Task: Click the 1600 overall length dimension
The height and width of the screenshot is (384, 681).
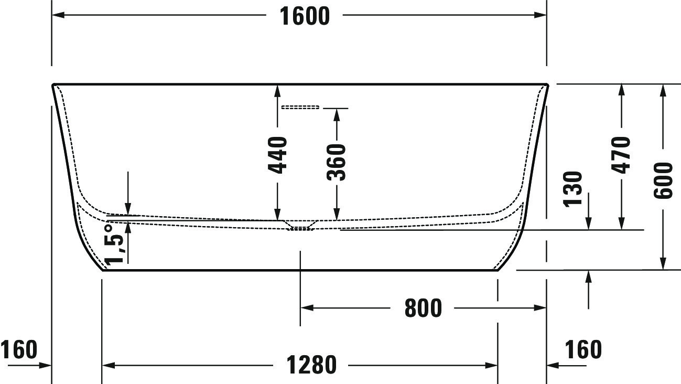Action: click(x=305, y=16)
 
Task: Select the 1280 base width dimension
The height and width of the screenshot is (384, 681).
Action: click(x=311, y=365)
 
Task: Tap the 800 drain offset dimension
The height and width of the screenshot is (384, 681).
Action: click(x=423, y=308)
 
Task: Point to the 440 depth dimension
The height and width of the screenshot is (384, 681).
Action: click(x=277, y=155)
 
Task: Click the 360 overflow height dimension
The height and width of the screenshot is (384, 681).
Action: click(x=336, y=162)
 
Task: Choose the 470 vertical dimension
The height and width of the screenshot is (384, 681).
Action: click(x=621, y=155)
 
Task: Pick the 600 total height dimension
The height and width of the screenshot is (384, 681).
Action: click(x=663, y=180)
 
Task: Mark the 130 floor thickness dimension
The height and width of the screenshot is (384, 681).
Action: click(x=573, y=189)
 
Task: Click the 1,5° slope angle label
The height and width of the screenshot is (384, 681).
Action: click(x=114, y=244)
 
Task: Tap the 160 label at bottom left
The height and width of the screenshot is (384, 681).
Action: click(x=19, y=349)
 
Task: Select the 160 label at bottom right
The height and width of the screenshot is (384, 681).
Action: click(x=583, y=349)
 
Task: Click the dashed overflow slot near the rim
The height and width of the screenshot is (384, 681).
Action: click(x=300, y=107)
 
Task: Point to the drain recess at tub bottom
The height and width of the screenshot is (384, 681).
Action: click(x=301, y=226)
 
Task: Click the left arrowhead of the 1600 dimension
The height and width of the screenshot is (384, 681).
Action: click(x=58, y=15)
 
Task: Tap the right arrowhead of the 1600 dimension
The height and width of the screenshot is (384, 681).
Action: click(x=541, y=15)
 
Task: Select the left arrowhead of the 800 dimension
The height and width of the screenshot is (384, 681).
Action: click(x=307, y=308)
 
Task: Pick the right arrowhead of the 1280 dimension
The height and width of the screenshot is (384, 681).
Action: click(x=492, y=365)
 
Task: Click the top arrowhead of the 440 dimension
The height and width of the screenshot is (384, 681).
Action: click(x=277, y=91)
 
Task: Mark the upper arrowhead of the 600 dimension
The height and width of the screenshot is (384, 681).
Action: click(x=663, y=90)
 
